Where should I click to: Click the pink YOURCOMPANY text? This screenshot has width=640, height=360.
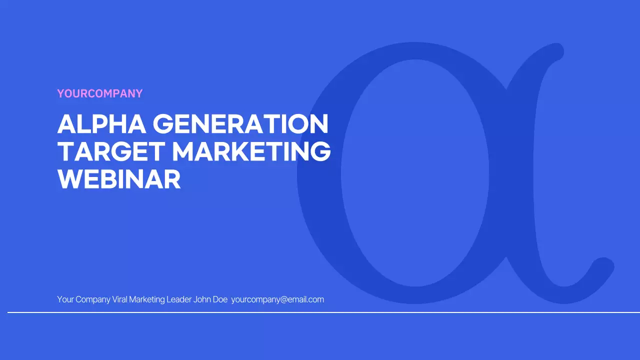pyautogui.click(x=100, y=93)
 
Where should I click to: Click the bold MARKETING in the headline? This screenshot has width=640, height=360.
pyautogui.click(x=251, y=152)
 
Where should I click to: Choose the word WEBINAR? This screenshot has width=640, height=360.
pyautogui.click(x=119, y=179)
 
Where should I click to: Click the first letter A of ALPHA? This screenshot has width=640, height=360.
pyautogui.click(x=66, y=124)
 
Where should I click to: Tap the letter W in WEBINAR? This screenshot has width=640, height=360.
pyautogui.click(x=68, y=179)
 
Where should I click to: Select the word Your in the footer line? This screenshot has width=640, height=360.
pyautogui.click(x=65, y=299)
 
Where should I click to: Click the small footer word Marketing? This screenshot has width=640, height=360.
pyautogui.click(x=147, y=299)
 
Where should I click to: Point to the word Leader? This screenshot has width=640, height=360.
pyautogui.click(x=179, y=299)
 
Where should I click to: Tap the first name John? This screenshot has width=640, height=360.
pyautogui.click(x=202, y=299)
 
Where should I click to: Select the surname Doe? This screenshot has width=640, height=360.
pyautogui.click(x=220, y=299)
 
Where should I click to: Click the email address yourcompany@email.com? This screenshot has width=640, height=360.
pyautogui.click(x=277, y=299)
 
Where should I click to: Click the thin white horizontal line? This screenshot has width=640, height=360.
pyautogui.click(x=320, y=312)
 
